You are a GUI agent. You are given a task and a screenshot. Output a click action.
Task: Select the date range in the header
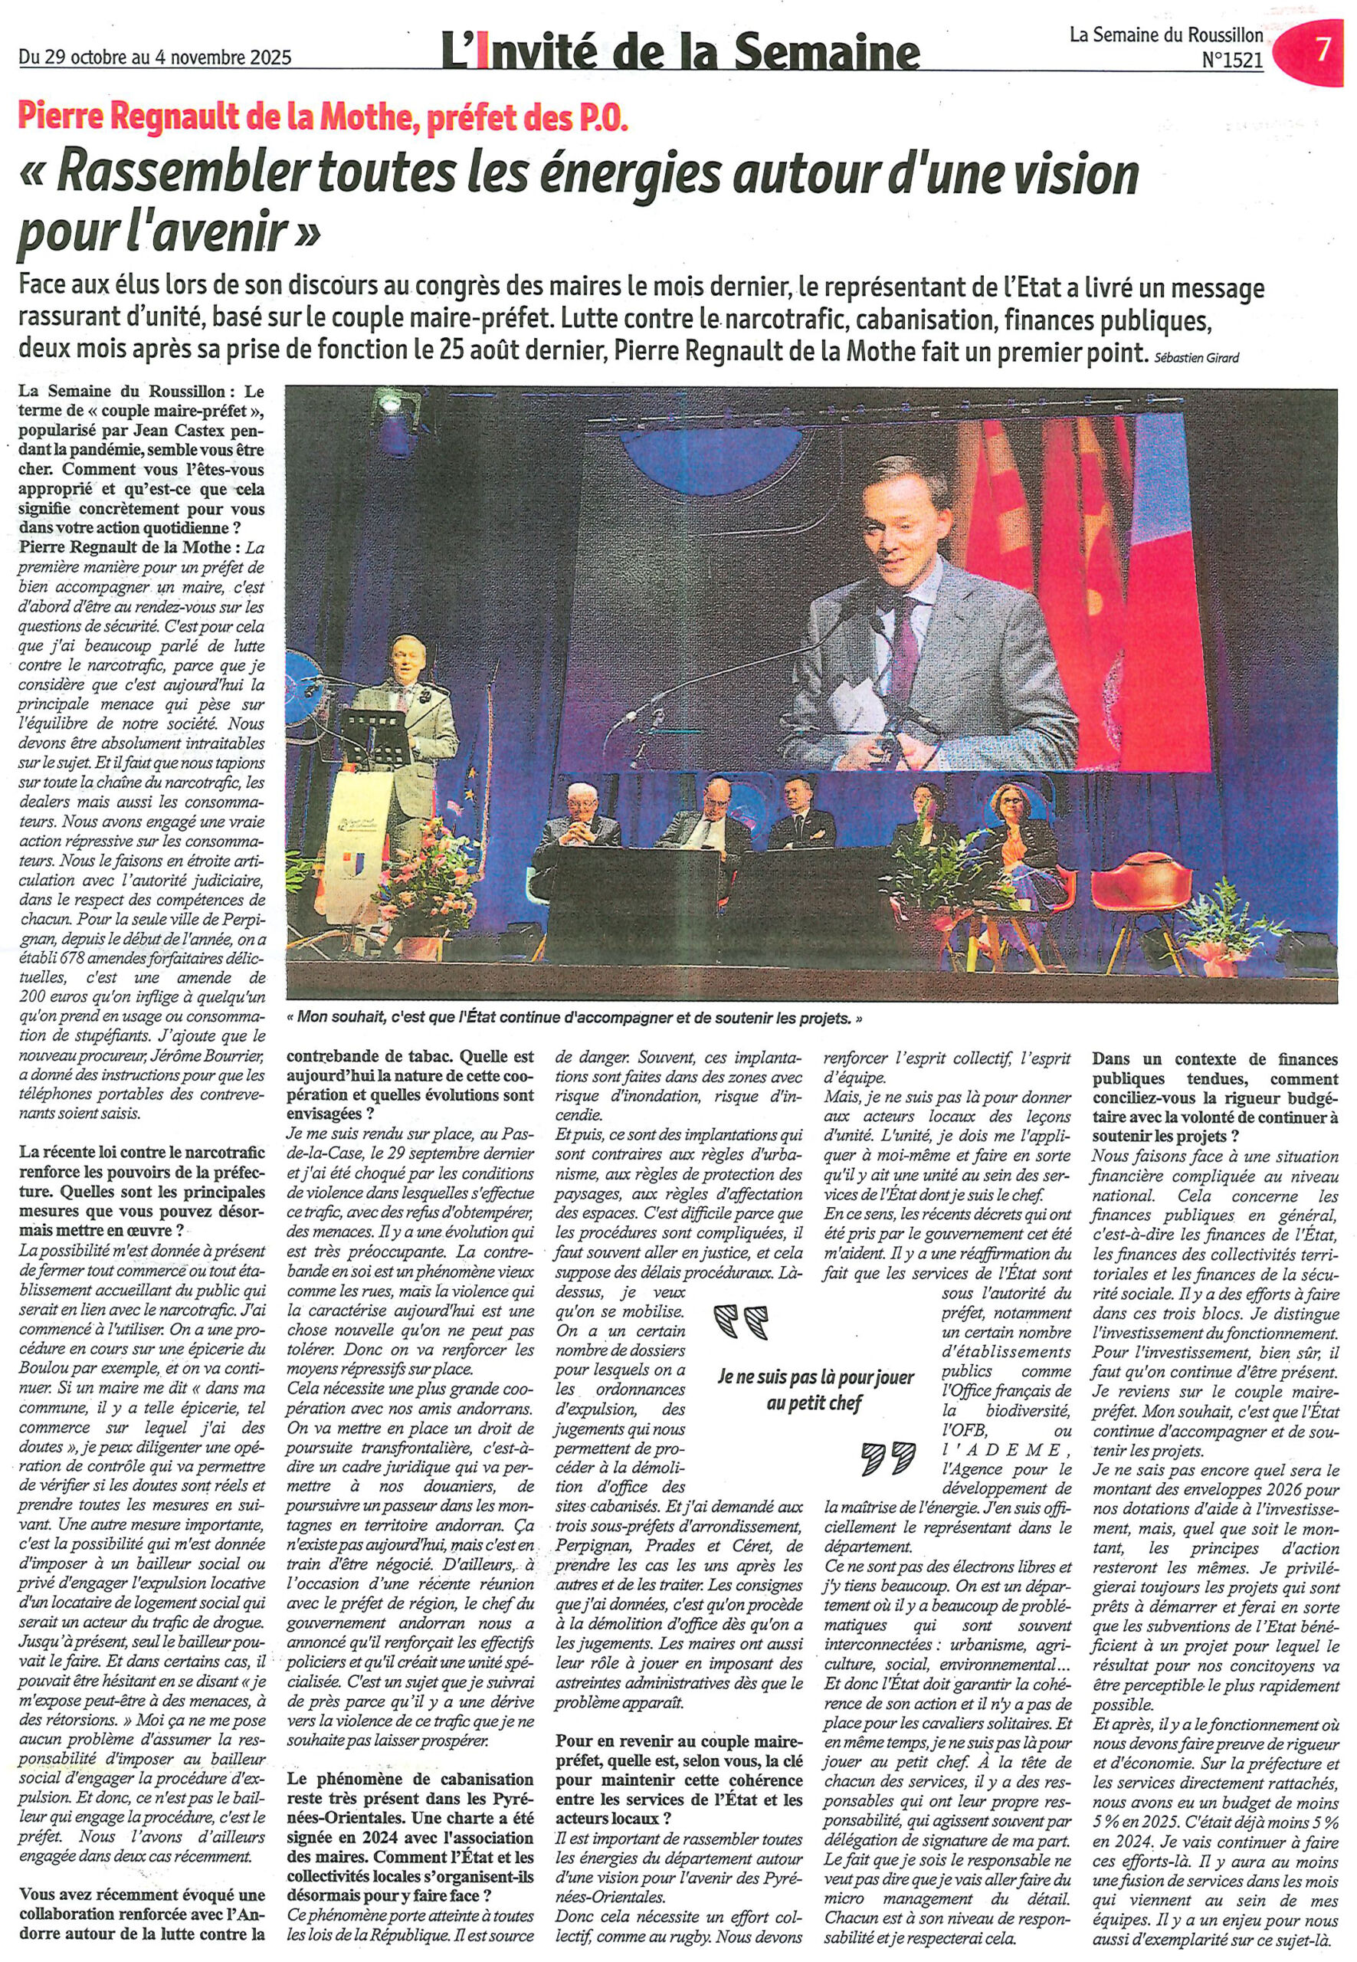point(155,57)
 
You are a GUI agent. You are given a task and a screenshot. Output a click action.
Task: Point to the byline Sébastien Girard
point(1197,358)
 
